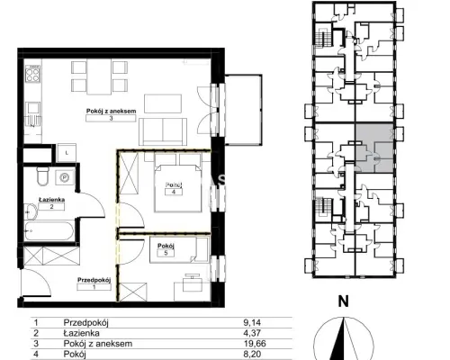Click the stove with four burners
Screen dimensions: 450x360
[x=32, y=74]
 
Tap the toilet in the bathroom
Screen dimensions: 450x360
[x=43, y=176]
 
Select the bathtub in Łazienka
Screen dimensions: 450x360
[x=49, y=230]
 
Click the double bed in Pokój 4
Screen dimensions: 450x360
[x=177, y=188]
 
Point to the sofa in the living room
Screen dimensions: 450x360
[x=163, y=131]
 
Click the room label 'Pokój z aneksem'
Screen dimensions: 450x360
[x=111, y=111]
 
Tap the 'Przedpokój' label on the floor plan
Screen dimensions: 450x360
[x=94, y=280]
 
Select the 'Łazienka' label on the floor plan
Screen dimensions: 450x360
[x=51, y=200]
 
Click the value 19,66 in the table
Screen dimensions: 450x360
[x=255, y=344]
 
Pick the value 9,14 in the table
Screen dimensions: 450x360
[x=252, y=323]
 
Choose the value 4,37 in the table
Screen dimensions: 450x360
[x=252, y=333]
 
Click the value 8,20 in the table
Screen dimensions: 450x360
[x=252, y=354]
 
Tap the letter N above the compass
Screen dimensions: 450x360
[x=344, y=301]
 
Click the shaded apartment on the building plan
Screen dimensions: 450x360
[x=374, y=148]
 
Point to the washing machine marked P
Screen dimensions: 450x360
[x=65, y=177]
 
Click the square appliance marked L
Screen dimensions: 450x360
[x=67, y=153]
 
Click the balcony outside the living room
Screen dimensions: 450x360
[x=243, y=110]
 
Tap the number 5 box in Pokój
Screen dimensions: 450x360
[x=166, y=253]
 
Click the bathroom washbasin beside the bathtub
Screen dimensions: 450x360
[x=31, y=211]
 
